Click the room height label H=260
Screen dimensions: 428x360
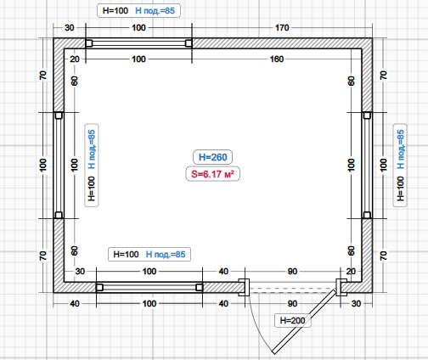213,157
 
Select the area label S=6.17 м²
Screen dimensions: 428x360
212,174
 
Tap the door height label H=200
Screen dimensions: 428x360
292,320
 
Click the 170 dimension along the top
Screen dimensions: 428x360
282,28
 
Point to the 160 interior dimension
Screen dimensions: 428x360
277,59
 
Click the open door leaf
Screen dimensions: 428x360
304,322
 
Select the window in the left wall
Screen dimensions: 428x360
59,166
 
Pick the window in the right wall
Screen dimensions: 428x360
367,166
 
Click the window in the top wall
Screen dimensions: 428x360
138,43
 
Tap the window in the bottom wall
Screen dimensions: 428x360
149,288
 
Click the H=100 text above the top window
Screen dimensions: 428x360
115,11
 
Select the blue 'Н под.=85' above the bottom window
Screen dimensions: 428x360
166,254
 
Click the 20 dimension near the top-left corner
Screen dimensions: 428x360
75,59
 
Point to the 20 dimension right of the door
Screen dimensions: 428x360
351,271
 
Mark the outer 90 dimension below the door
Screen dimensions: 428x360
292,303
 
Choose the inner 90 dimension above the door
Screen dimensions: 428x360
292,271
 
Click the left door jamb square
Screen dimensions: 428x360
244,287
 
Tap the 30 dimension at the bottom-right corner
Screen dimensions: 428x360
356,303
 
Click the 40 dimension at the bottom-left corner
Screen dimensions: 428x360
75,303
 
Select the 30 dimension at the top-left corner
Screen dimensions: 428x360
70,28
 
